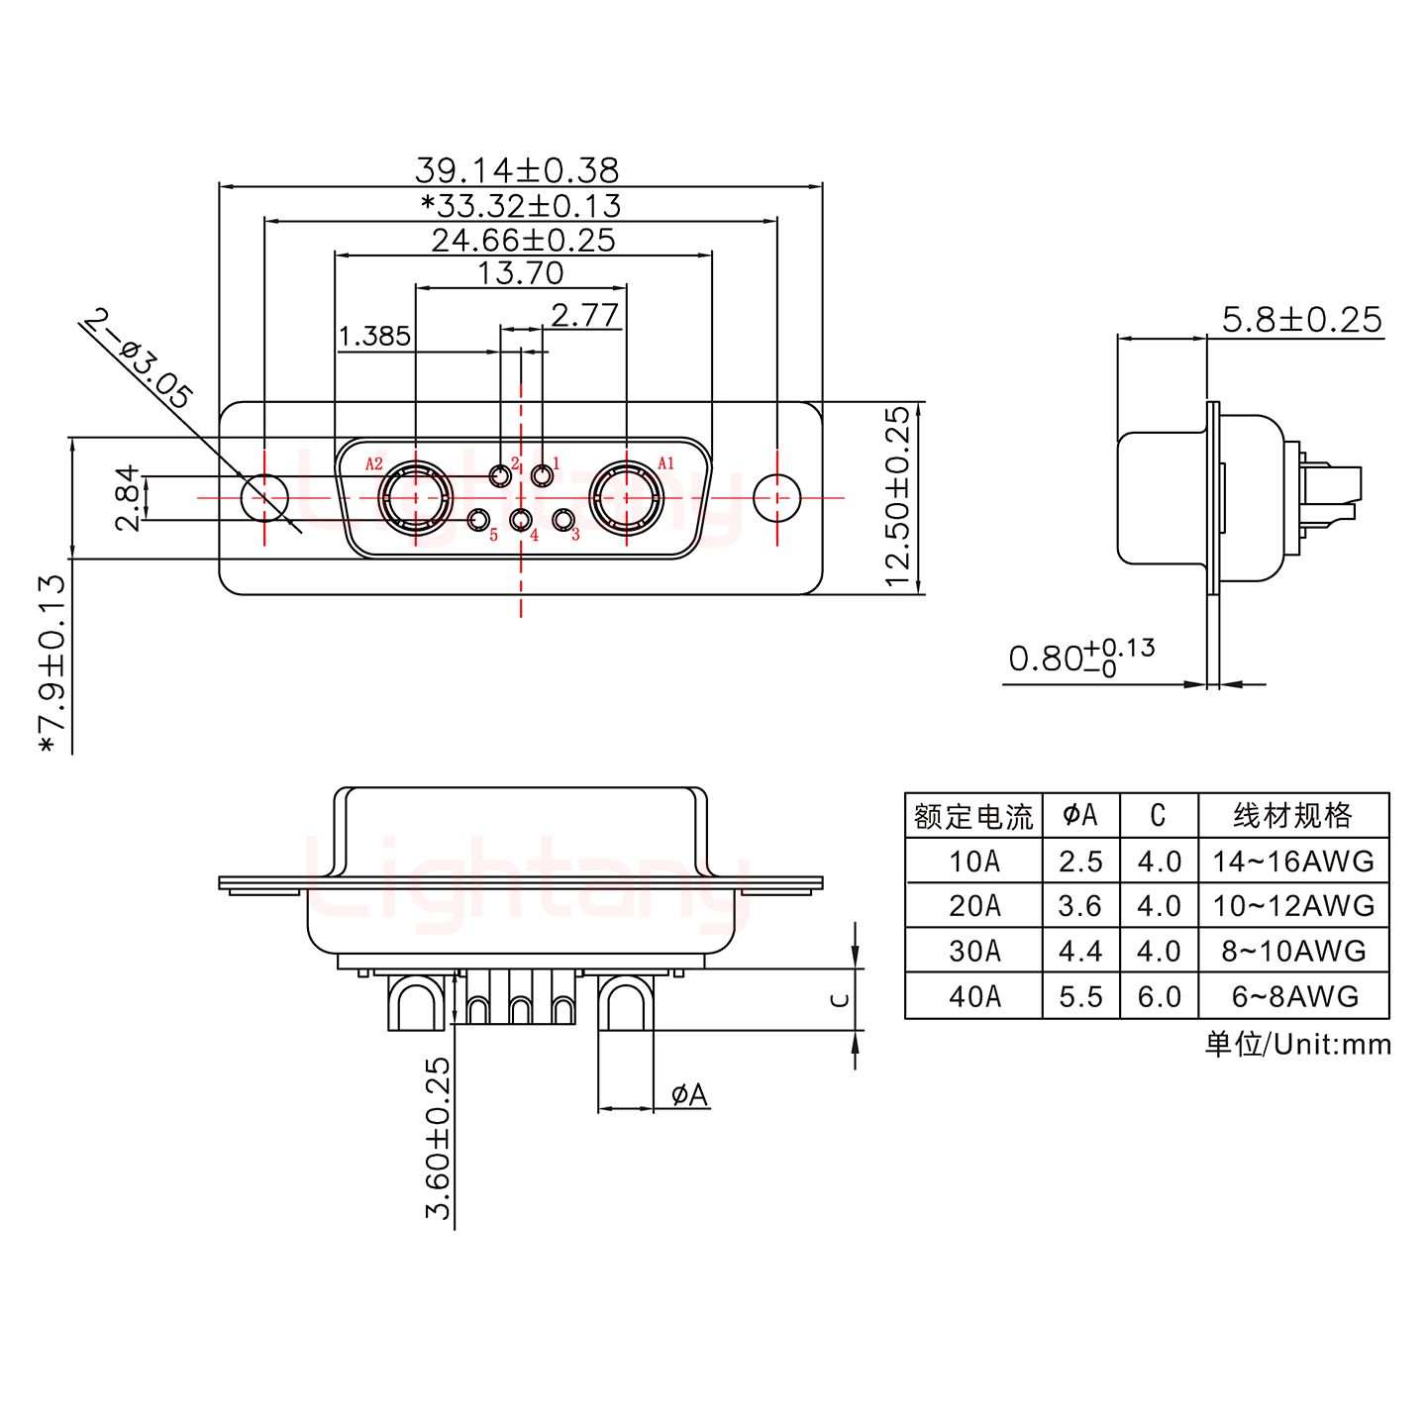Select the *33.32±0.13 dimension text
point(521,206)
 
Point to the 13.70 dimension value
point(521,273)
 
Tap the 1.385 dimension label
point(374,337)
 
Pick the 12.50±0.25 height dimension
point(897,497)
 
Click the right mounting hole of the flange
point(776,496)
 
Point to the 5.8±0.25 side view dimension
point(1301,320)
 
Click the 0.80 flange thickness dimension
point(1079,658)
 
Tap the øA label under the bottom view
point(689,1094)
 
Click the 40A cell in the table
point(973,996)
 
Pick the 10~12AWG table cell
point(1293,906)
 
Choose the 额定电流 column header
point(973,816)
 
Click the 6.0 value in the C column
point(1159,996)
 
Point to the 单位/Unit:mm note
point(1297,1044)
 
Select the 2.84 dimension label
point(129,498)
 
